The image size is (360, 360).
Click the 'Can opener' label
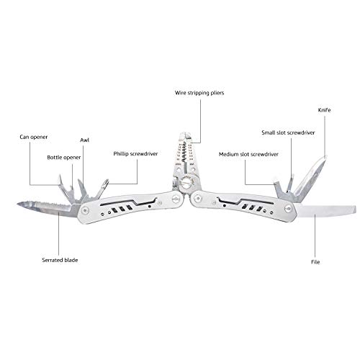point(34,137)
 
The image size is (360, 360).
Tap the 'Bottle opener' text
point(64,158)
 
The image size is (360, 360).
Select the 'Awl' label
point(84,140)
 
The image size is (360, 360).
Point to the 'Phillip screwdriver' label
point(135,154)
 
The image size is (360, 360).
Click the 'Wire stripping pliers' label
point(199,93)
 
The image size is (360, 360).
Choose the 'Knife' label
point(324,110)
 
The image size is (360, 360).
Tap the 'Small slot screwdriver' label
point(288,132)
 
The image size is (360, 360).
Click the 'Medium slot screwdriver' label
point(248,154)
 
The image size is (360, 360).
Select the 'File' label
point(315,262)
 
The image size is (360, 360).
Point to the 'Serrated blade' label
point(60,260)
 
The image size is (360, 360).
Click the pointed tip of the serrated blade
point(18,204)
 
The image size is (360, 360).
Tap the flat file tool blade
point(326,211)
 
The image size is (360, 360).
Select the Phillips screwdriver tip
point(105,183)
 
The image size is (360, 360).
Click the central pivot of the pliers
point(186,184)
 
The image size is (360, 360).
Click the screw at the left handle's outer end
point(84,211)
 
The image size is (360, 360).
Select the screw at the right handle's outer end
point(288,209)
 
